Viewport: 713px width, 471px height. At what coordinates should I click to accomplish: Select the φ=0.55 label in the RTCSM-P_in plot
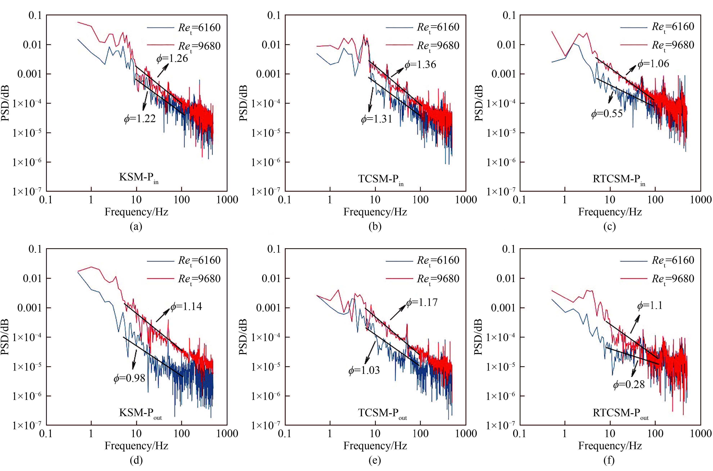(607, 114)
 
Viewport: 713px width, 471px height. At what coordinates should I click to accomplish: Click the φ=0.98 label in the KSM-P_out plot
(129, 378)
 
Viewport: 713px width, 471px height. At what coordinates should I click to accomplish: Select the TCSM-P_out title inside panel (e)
(382, 413)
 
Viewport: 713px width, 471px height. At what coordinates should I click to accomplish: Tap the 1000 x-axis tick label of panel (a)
(227, 200)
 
